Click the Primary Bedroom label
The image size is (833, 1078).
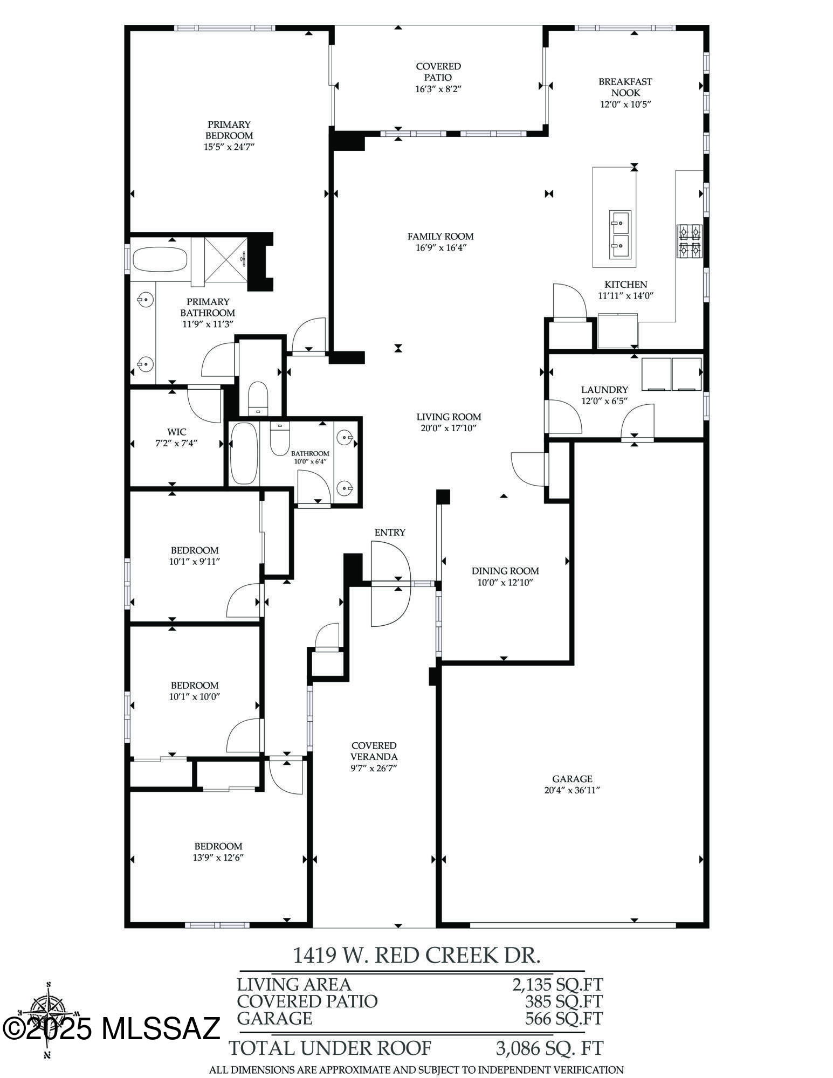[229, 130]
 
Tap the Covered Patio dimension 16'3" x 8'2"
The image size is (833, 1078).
[438, 89]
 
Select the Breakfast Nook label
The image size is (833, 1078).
[625, 87]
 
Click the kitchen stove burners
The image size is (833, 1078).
[690, 240]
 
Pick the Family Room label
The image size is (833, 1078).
[440, 237]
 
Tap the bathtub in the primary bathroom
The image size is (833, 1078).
[160, 260]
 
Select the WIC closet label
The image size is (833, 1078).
[177, 432]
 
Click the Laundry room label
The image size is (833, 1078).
[604, 390]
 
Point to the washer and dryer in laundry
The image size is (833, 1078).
[671, 374]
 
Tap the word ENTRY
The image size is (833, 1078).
[390, 533]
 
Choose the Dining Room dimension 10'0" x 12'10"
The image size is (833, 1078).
[505, 582]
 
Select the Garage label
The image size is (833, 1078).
[572, 779]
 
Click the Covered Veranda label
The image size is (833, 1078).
[374, 751]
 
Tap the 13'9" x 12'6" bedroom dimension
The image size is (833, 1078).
[218, 858]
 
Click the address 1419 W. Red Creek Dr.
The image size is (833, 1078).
[416, 955]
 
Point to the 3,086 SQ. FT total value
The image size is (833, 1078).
[549, 1048]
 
